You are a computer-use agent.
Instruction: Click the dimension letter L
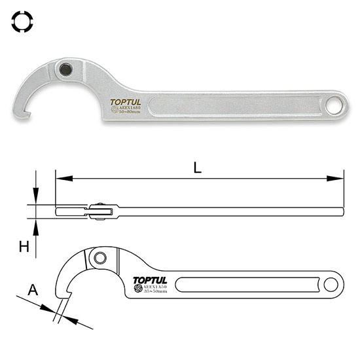click(x=198, y=166)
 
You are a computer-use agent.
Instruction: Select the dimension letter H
click(x=24, y=246)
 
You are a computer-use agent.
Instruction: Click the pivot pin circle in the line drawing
click(x=99, y=258)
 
